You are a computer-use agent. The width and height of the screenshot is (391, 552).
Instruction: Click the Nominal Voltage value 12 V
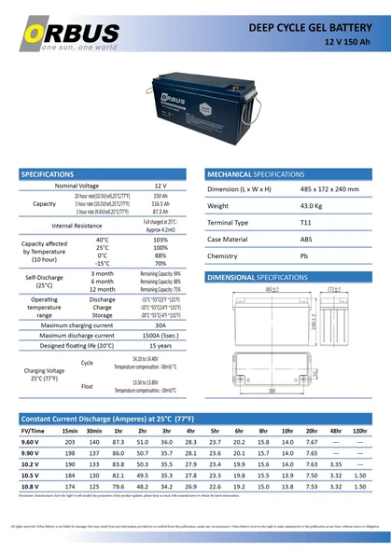[x=160, y=186]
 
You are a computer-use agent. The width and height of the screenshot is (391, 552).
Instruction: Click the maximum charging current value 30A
[x=160, y=324]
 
